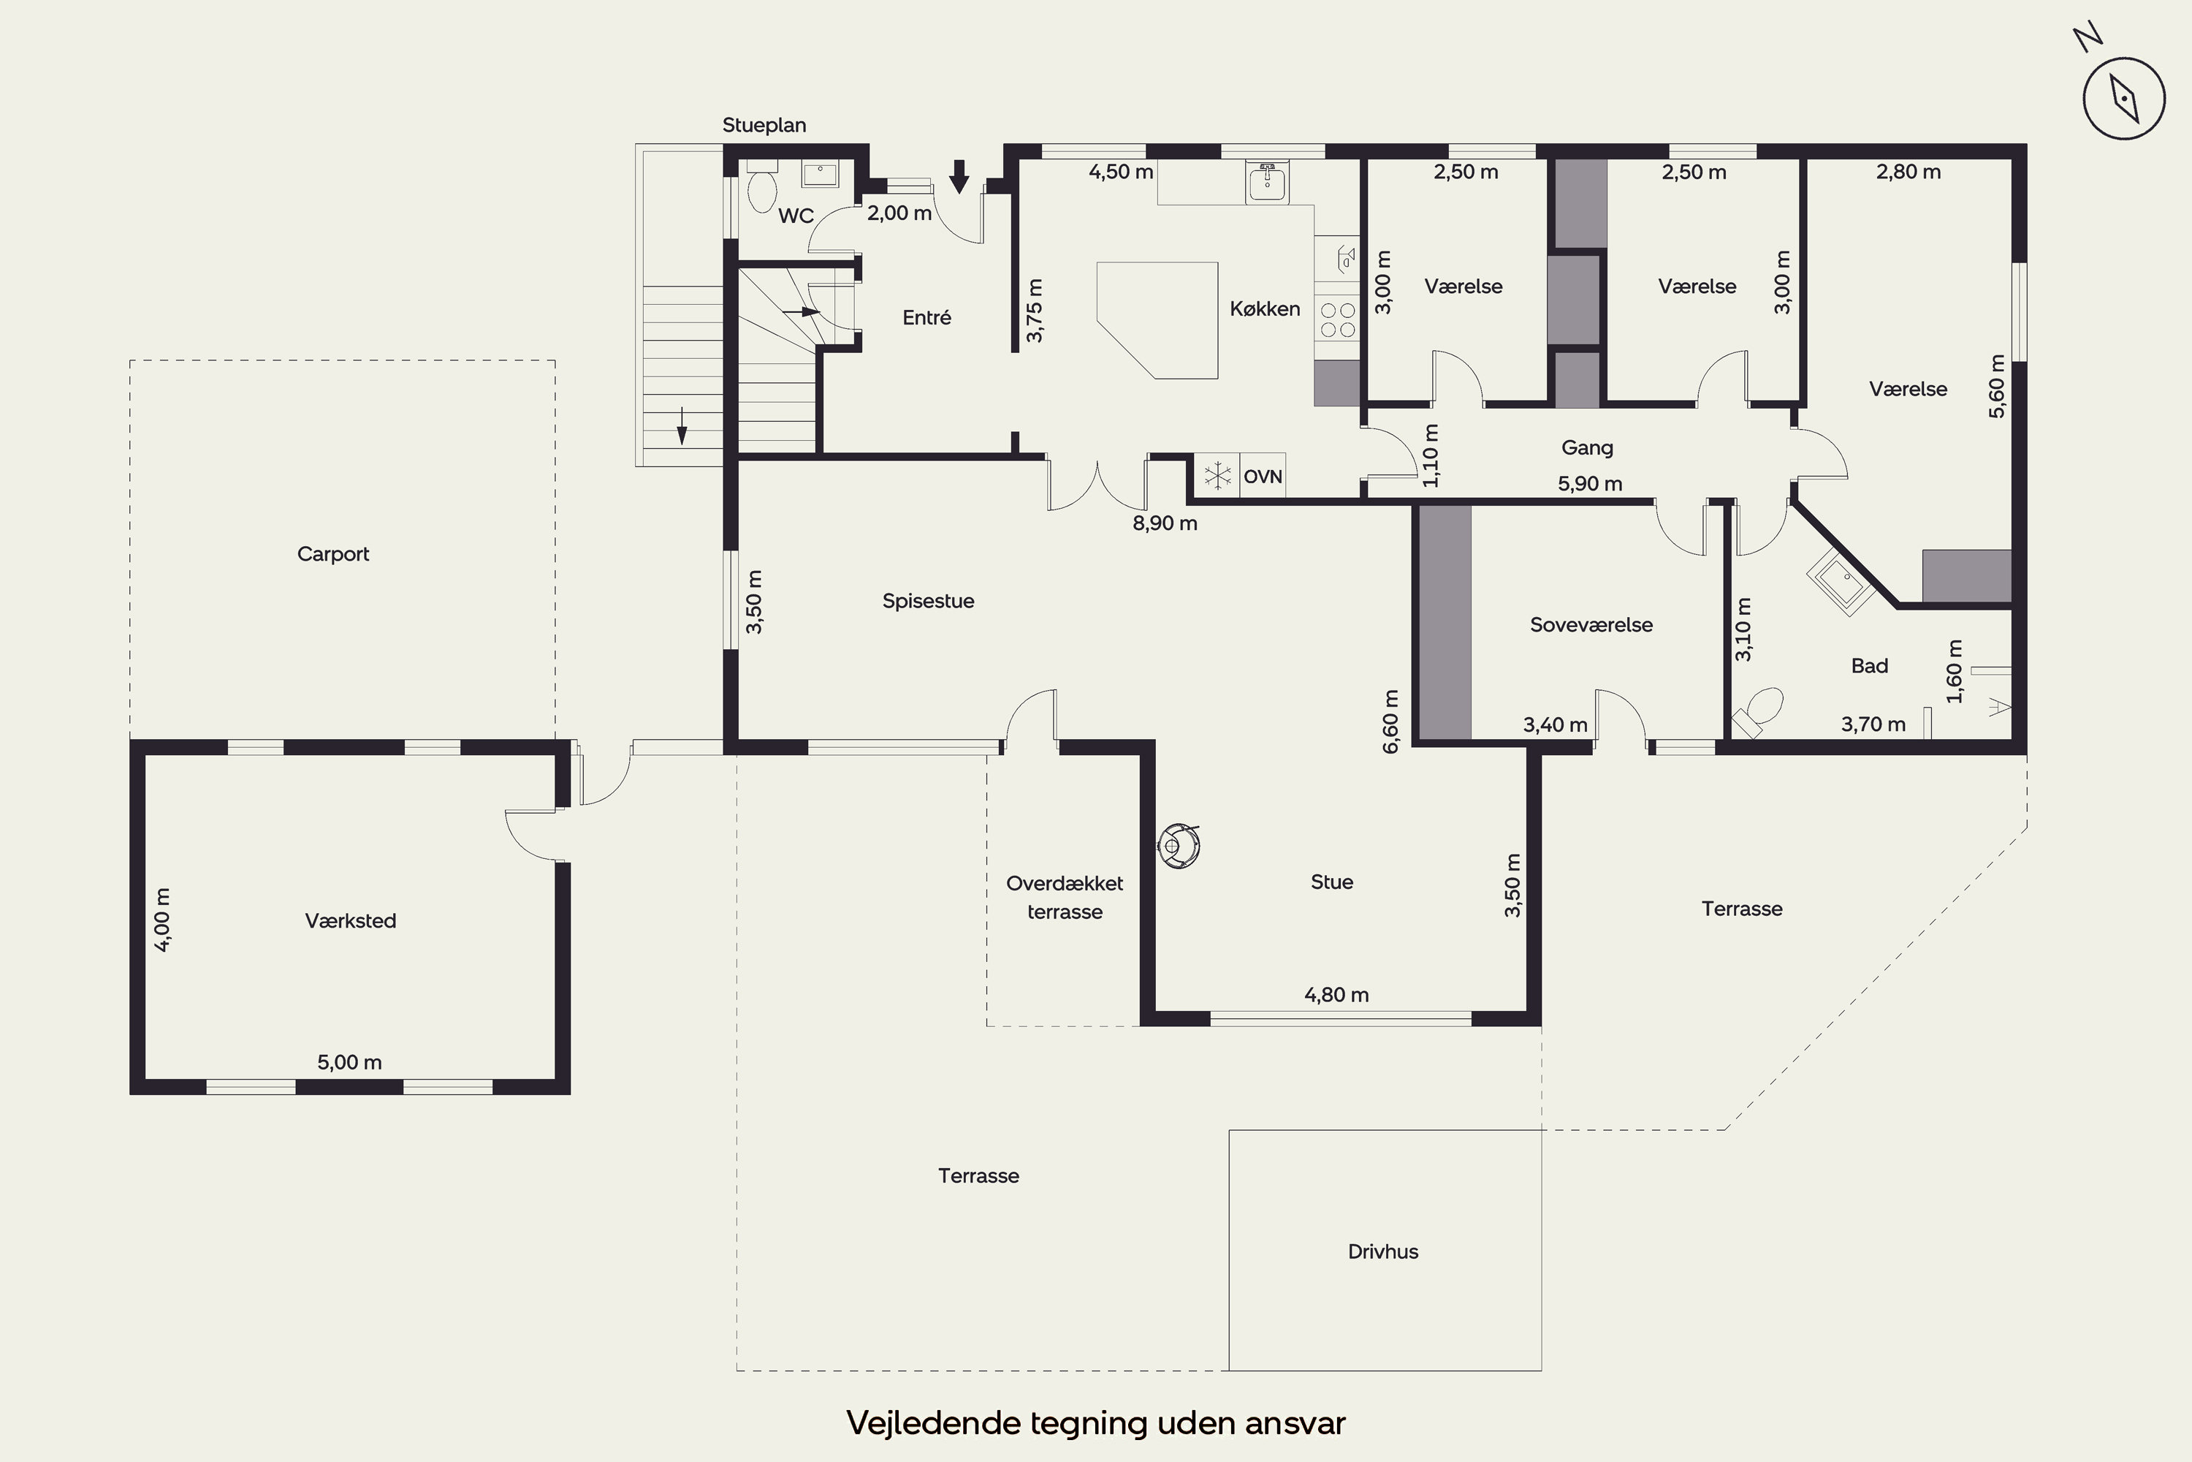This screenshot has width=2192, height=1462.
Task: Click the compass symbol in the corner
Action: tap(2123, 98)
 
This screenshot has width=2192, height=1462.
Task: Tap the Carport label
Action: tap(332, 554)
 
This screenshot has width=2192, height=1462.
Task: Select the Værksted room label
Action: tap(351, 921)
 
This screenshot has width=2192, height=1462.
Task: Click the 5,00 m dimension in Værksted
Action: tap(349, 1062)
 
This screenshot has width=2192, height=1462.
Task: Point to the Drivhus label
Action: tap(1383, 1251)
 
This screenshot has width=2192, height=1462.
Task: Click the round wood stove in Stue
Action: tap(1179, 846)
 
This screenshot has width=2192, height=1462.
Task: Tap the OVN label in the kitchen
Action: tap(1263, 477)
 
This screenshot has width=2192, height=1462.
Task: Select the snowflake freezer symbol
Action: tap(1217, 477)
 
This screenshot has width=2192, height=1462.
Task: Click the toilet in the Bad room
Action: tap(1759, 712)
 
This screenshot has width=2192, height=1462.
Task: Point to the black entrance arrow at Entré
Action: tap(959, 176)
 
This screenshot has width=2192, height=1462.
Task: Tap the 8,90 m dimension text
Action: tap(1165, 523)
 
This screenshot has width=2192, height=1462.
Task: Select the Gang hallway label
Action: tap(1587, 447)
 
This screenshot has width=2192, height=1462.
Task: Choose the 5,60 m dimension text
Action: tap(1996, 386)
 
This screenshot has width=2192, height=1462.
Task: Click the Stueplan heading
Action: tap(764, 125)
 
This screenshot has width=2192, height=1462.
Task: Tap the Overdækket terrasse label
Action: tap(1065, 897)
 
